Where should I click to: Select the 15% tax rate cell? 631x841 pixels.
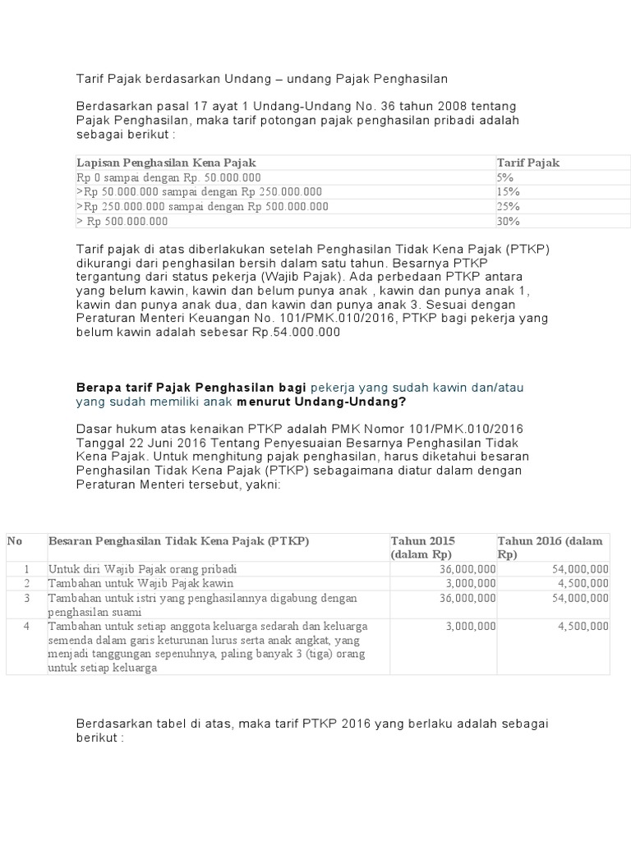[x=508, y=191]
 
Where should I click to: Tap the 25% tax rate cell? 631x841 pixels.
[x=508, y=206]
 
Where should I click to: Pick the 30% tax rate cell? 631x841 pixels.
[x=508, y=221]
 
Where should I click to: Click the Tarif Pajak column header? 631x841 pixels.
[x=527, y=163]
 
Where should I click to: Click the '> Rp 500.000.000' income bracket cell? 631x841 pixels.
[x=122, y=221]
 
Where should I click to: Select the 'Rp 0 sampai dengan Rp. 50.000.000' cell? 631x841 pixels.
[x=168, y=177]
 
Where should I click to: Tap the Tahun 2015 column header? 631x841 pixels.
[x=423, y=547]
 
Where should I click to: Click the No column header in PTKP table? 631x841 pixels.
[x=15, y=540]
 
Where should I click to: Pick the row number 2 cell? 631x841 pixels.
[x=26, y=583]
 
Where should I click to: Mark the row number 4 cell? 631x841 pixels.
[x=26, y=626]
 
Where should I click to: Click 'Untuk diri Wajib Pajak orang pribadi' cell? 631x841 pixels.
[x=142, y=568]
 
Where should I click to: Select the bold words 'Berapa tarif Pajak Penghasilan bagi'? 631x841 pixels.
[x=191, y=387]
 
